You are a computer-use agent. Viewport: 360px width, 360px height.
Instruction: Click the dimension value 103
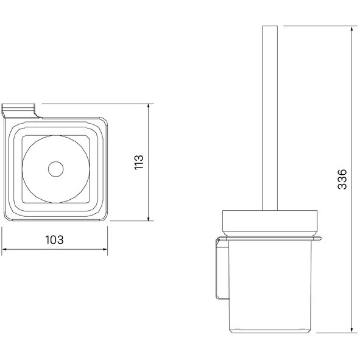pyautogui.click(x=54, y=240)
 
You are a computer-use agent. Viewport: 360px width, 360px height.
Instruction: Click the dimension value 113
pyautogui.click(x=139, y=162)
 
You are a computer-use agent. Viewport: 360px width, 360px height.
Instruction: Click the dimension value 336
pyautogui.click(x=342, y=179)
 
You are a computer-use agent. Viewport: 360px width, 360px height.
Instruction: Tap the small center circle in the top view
pyautogui.click(x=56, y=169)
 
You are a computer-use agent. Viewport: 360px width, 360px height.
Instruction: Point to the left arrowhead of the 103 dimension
pyautogui.click(x=4, y=249)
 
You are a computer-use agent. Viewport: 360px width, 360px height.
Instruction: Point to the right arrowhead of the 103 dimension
pyautogui.click(x=105, y=249)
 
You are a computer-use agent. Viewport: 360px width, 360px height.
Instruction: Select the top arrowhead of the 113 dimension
pyautogui.click(x=149, y=107)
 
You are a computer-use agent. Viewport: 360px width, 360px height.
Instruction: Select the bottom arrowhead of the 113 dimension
pyautogui.click(x=149, y=218)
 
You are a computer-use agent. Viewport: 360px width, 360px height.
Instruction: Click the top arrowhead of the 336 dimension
pyautogui.click(x=351, y=29)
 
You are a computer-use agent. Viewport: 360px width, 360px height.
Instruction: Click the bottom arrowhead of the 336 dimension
pyautogui.click(x=351, y=330)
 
